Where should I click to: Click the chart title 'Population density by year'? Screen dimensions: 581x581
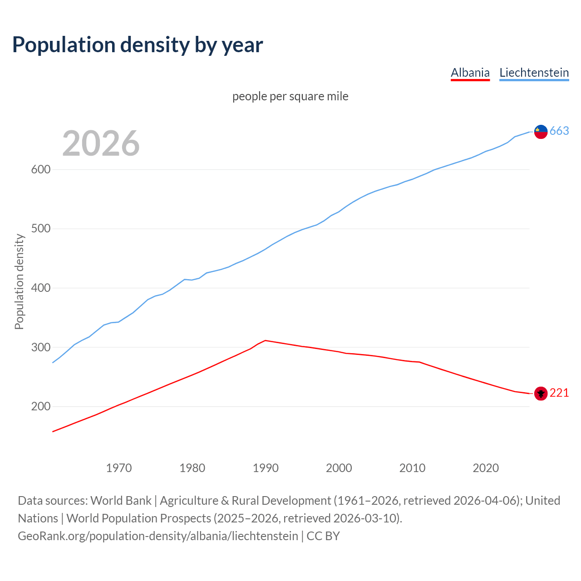tap(138, 45)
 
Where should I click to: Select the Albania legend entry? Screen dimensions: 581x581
tap(470, 73)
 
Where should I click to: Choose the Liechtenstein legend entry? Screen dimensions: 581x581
tap(534, 73)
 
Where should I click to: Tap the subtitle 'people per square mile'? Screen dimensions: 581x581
tap(290, 96)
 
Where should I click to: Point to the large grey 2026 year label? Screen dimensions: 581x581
tap(101, 143)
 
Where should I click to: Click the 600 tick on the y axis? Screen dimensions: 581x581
tap(40, 169)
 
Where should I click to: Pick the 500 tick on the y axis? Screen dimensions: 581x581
tap(40, 229)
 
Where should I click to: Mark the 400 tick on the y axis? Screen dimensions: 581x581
tap(40, 288)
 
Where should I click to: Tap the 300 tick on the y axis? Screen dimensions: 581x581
tap(40, 347)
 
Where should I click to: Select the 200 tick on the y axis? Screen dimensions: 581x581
tap(40, 407)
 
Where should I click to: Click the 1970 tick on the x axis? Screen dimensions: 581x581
tap(119, 468)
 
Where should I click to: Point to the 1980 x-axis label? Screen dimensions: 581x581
tap(192, 468)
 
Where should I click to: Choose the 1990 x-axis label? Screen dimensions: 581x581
tap(266, 468)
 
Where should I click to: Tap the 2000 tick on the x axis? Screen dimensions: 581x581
tap(339, 468)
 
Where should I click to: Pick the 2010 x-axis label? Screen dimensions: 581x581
tap(412, 468)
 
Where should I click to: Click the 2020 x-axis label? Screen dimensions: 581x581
tap(486, 468)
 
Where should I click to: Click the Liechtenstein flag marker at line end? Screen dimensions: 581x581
tap(541, 132)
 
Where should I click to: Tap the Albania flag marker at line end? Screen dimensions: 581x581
tap(541, 394)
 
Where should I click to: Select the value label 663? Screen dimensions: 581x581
tap(559, 131)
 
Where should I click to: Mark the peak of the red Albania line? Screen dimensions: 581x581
tap(266, 340)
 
